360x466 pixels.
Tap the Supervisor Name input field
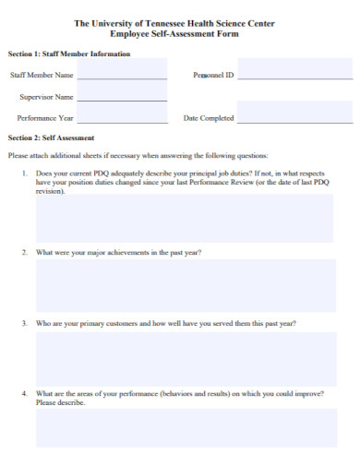122,94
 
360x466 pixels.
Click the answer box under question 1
186,218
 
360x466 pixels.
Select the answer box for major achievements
186,285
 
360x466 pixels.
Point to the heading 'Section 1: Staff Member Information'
69,54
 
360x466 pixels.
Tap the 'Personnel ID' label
213,74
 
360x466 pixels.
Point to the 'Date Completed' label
209,118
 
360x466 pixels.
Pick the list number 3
24,324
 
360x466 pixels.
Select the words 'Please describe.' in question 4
60,402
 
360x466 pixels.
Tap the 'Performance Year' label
45,118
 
